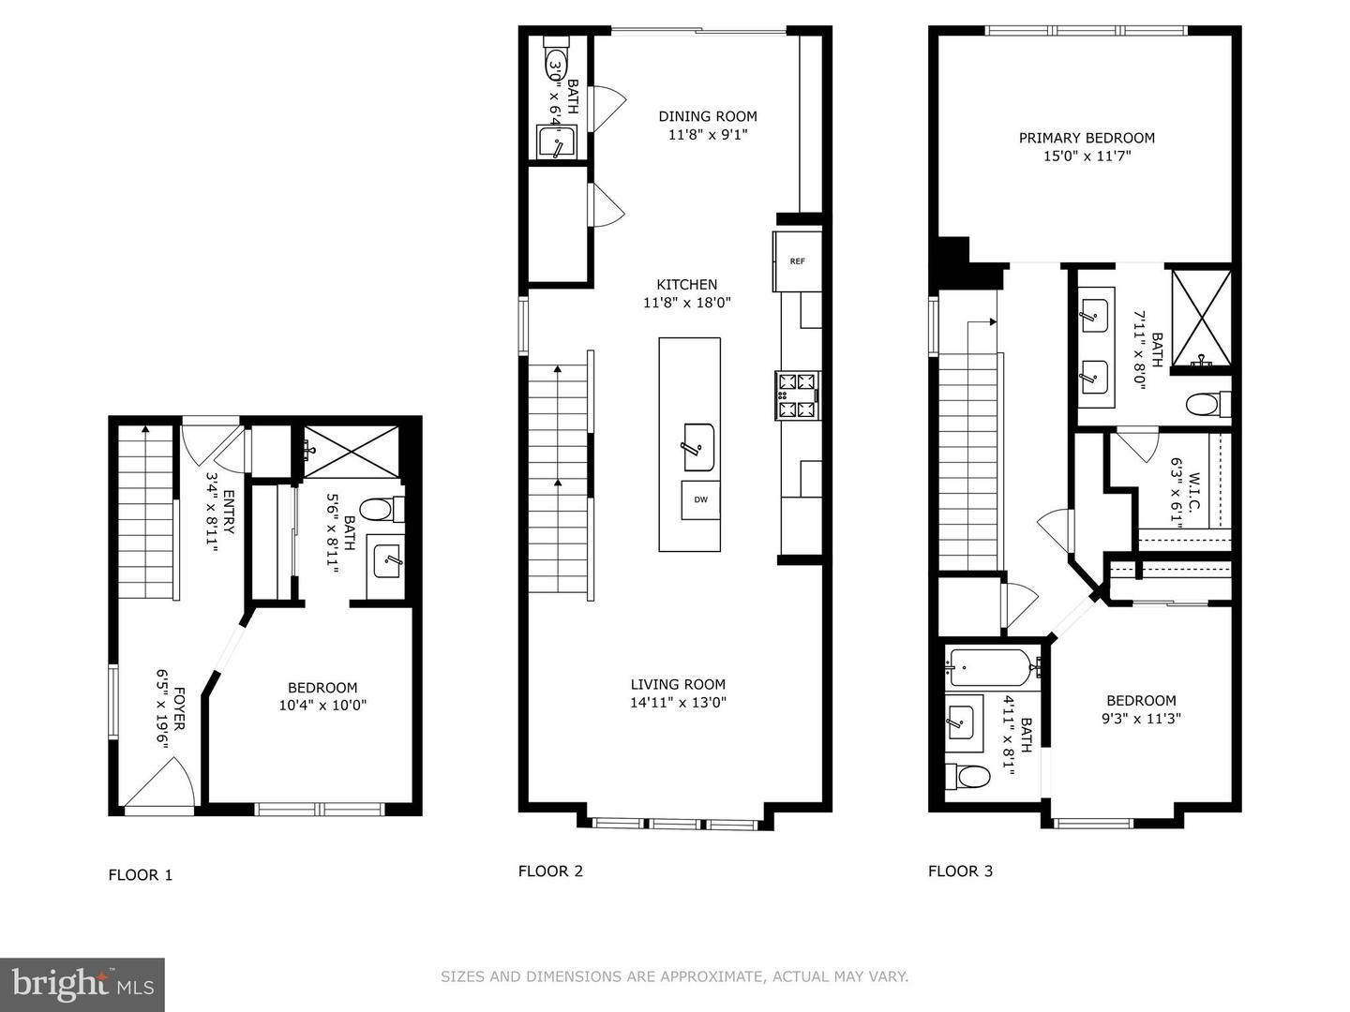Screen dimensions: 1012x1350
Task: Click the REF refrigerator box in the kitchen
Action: click(797, 261)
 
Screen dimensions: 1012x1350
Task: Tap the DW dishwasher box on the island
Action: click(700, 499)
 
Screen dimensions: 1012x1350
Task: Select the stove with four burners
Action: click(797, 394)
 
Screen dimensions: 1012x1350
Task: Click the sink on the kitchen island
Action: click(698, 446)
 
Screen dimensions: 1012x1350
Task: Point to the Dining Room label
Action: click(707, 116)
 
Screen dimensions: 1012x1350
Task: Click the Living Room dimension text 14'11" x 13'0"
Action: click(678, 703)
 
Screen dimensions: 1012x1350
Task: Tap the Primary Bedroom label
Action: click(1087, 138)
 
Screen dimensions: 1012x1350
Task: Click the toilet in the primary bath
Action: click(1207, 405)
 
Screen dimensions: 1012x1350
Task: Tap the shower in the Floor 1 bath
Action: click(349, 451)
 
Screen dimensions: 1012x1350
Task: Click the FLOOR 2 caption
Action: click(550, 871)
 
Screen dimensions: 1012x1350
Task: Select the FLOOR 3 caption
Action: click(960, 871)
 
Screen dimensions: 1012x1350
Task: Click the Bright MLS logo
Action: click(82, 984)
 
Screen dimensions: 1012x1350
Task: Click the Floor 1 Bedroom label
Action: click(322, 688)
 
